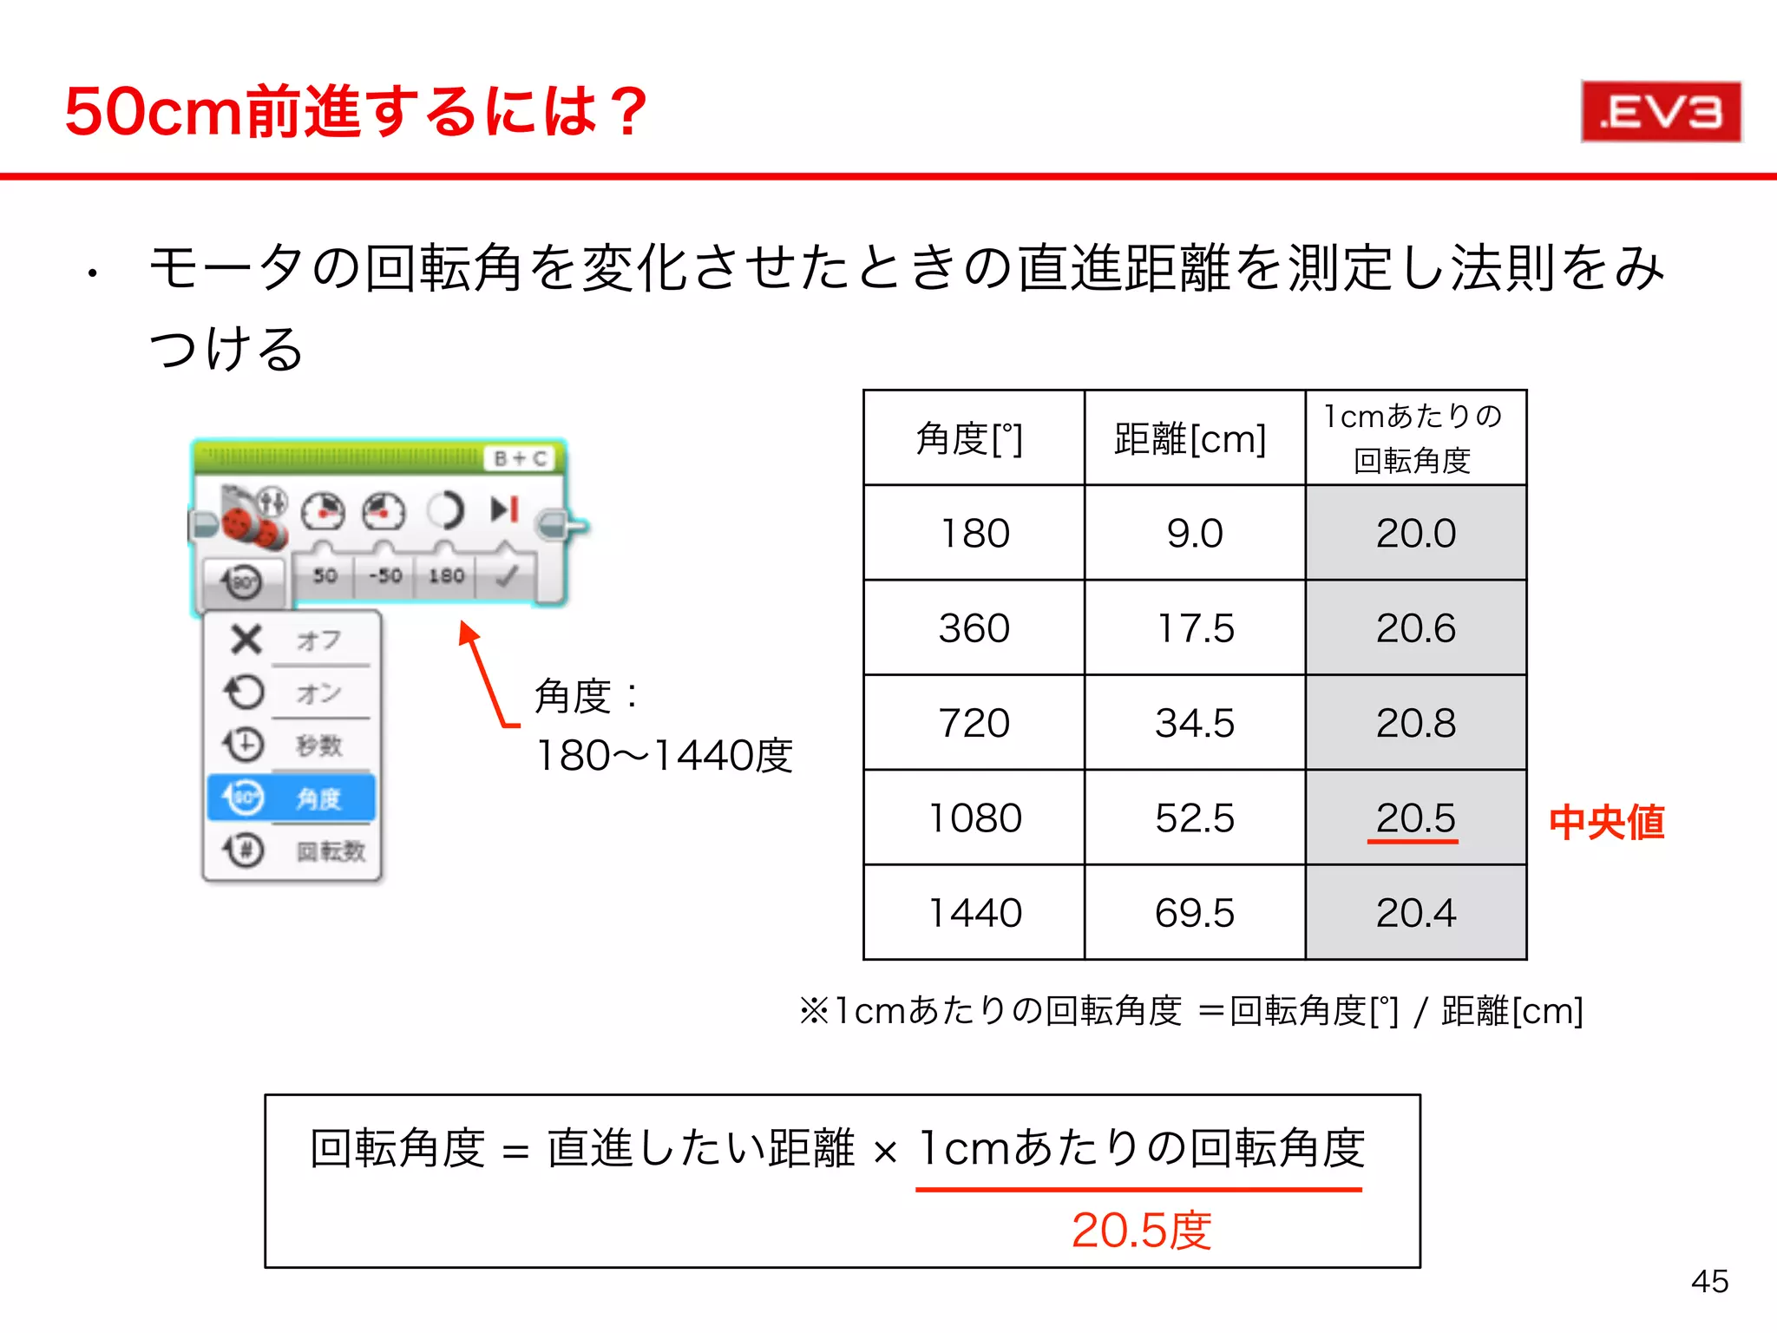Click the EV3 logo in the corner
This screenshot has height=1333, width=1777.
[x=1661, y=112]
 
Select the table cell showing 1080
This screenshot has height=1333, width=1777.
[x=974, y=818]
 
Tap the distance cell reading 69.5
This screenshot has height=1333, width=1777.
[x=1195, y=912]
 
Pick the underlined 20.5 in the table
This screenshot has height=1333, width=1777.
[x=1415, y=818]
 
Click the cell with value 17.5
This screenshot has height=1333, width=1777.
[x=1195, y=627]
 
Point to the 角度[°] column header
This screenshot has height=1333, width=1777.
[x=971, y=438]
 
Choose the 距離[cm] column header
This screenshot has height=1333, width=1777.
[x=1191, y=438]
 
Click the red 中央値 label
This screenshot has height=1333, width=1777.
[x=1607, y=822]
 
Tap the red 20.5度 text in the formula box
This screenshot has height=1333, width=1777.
[x=1141, y=1230]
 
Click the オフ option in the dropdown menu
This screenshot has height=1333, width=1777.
[x=318, y=640]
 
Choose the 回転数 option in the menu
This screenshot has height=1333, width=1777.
[x=330, y=850]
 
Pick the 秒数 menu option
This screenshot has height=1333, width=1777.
[x=318, y=745]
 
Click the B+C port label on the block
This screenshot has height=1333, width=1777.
[x=520, y=458]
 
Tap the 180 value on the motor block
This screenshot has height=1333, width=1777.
[x=446, y=575]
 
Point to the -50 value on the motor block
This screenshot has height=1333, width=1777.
[x=385, y=575]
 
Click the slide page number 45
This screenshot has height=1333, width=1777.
[x=1709, y=1281]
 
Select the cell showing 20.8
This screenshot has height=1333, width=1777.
[x=1415, y=723]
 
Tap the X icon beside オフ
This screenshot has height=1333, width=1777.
[x=246, y=640]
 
